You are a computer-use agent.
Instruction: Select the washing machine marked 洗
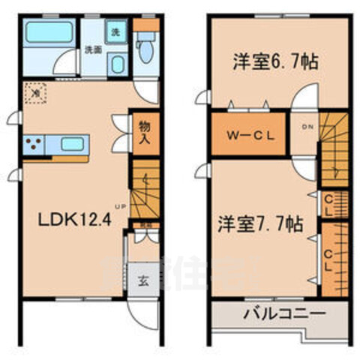[115, 33]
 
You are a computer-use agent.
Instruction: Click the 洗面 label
[92, 50]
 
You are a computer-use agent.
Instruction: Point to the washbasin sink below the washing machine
[116, 64]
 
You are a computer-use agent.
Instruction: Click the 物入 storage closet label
[145, 133]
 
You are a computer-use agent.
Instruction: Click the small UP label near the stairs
[120, 207]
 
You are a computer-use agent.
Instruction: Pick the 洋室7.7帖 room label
[260, 223]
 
